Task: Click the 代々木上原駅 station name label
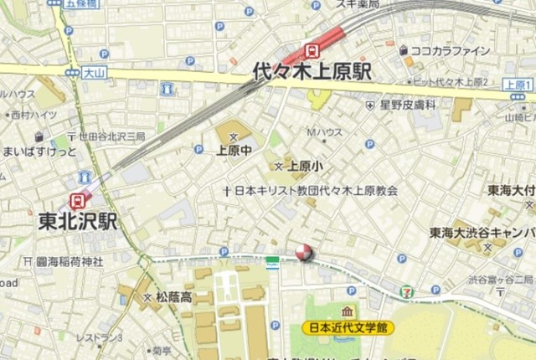pos(312,71)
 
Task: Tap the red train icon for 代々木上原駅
pos(312,49)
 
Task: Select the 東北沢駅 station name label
pos(78,222)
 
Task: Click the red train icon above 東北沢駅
pos(79,201)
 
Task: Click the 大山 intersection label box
pos(93,75)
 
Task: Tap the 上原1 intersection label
pos(518,85)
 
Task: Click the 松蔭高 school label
pos(173,296)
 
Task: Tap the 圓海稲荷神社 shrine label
pos(69,262)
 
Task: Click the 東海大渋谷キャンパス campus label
pos(482,232)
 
